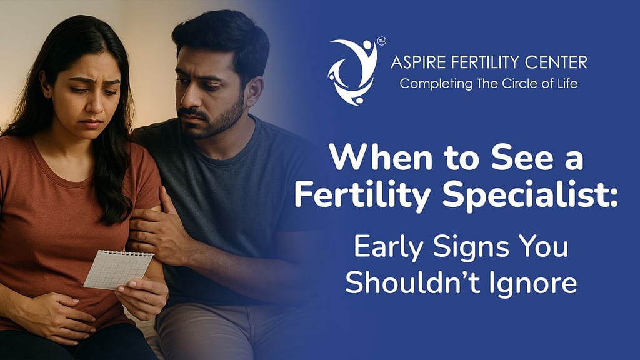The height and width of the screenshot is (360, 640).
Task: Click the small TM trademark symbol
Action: pyautogui.click(x=382, y=42)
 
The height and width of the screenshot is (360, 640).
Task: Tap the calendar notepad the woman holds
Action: pyautogui.click(x=118, y=269)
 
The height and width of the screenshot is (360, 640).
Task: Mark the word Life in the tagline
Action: pyautogui.click(x=566, y=82)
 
